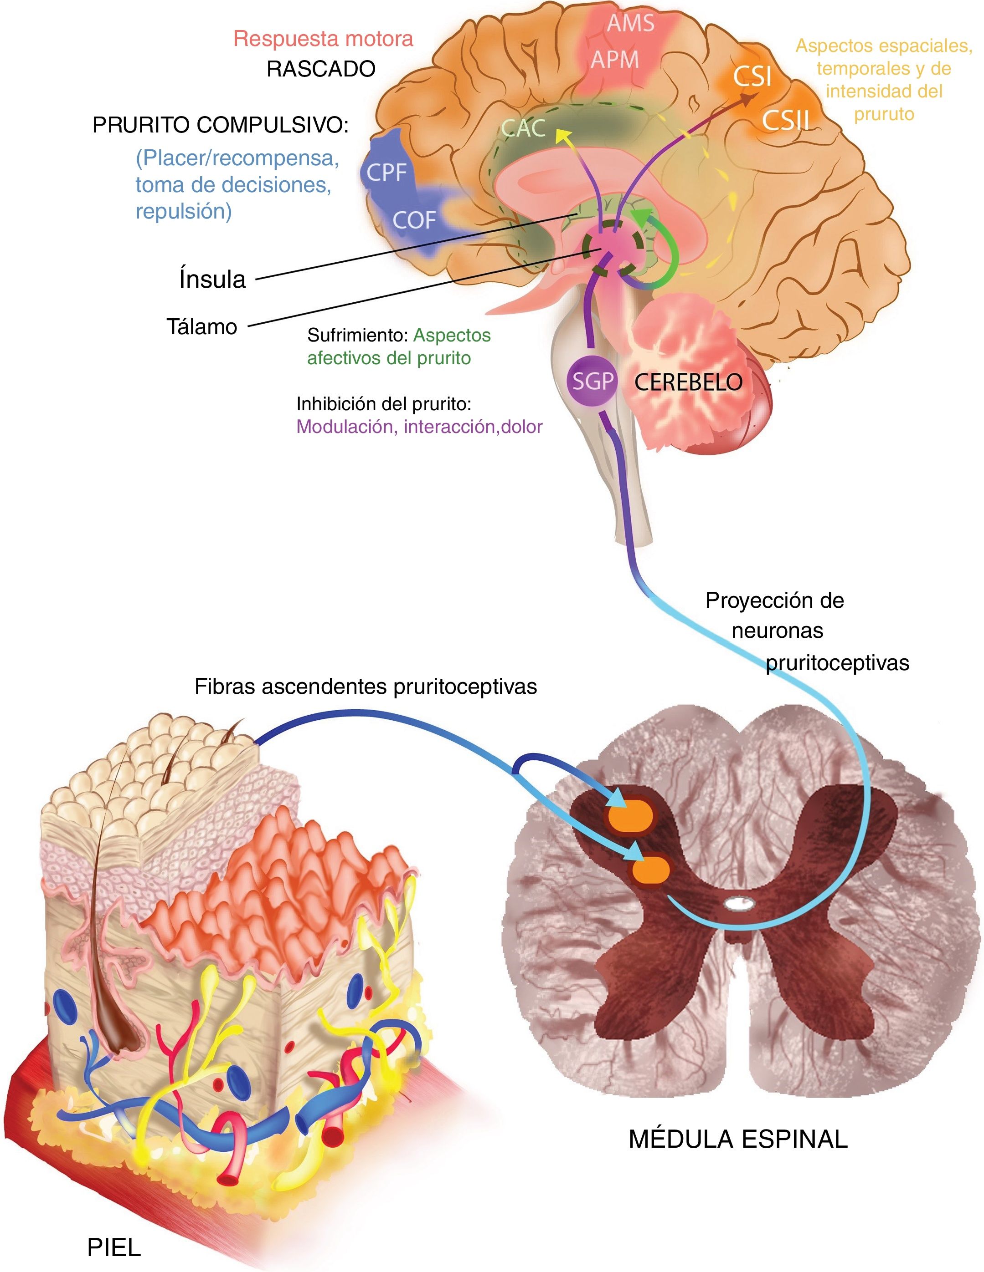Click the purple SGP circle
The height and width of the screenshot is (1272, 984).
(x=592, y=381)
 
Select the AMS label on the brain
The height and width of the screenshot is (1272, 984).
(x=630, y=23)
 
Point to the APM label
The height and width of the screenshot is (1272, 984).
(x=615, y=59)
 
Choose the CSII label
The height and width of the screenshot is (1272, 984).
(x=786, y=120)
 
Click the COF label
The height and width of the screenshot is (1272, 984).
(x=414, y=220)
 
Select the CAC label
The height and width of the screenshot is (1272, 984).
(x=524, y=128)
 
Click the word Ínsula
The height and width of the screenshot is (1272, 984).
(x=212, y=279)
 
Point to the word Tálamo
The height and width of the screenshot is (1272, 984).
(x=202, y=327)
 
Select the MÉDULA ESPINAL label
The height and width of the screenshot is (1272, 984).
(x=738, y=1139)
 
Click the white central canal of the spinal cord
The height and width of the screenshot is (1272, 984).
(x=739, y=903)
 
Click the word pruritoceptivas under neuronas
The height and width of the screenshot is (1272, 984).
(x=837, y=663)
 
